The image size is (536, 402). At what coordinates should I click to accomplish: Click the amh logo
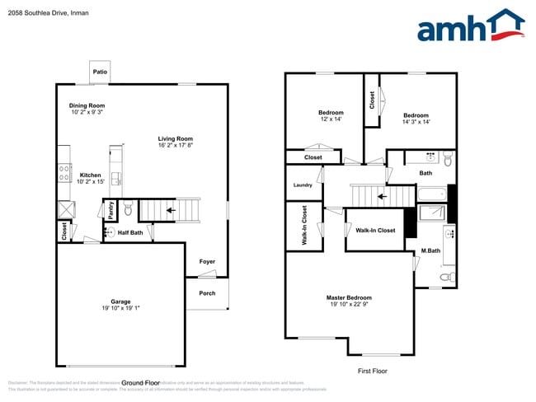tap(470, 26)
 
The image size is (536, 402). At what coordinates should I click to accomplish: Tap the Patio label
tap(100, 72)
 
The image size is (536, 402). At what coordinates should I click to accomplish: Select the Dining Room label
tap(87, 105)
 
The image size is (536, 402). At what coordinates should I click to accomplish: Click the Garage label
tap(121, 301)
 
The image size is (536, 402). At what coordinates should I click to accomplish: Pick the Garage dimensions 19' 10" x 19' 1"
tap(121, 309)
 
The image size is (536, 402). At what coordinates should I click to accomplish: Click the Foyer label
tap(207, 262)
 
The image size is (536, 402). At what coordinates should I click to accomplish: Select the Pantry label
tap(110, 210)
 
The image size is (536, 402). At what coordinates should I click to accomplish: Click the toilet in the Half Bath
tap(128, 211)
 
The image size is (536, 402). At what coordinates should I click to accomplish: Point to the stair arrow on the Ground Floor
tap(170, 210)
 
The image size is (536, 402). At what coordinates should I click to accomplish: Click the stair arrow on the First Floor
tap(381, 196)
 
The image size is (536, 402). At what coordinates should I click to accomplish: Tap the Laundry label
tap(303, 185)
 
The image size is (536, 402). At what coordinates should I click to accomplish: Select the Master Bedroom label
tap(349, 297)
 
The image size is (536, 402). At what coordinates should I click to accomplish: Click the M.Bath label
tap(429, 250)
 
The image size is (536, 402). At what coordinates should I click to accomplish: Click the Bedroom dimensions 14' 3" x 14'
tap(416, 122)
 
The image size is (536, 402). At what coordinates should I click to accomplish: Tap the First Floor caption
tap(372, 371)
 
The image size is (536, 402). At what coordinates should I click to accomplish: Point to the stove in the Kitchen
tap(64, 173)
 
